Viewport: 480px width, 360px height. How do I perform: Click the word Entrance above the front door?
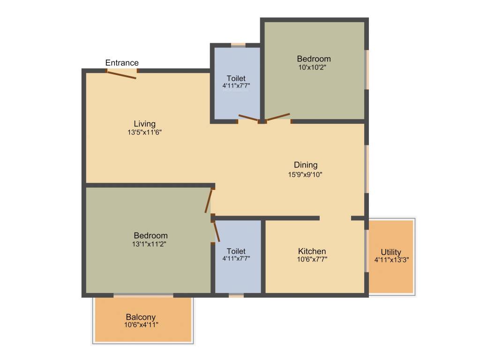click(122, 63)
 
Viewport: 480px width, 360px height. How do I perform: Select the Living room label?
click(144, 124)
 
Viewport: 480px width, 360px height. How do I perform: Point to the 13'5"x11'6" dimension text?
click(144, 132)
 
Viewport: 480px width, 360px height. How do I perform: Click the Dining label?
click(306, 165)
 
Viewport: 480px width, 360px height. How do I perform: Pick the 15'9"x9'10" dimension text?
click(306, 174)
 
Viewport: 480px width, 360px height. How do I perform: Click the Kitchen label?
click(312, 251)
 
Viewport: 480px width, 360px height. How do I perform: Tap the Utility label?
click(391, 252)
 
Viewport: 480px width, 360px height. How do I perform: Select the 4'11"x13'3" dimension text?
click(391, 260)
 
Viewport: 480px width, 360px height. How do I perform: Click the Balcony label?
click(141, 317)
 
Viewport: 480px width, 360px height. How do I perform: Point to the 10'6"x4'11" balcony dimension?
click(141, 325)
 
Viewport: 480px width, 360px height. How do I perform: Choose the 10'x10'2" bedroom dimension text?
click(314, 67)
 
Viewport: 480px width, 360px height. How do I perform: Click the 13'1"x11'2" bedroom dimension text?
click(150, 244)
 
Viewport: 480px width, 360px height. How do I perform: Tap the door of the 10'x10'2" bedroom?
click(278, 117)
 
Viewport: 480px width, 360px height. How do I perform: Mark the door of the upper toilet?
click(248, 118)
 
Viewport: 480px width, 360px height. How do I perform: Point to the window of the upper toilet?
click(238, 45)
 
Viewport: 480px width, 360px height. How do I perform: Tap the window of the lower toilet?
click(236, 295)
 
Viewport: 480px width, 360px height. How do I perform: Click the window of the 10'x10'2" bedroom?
click(367, 69)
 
